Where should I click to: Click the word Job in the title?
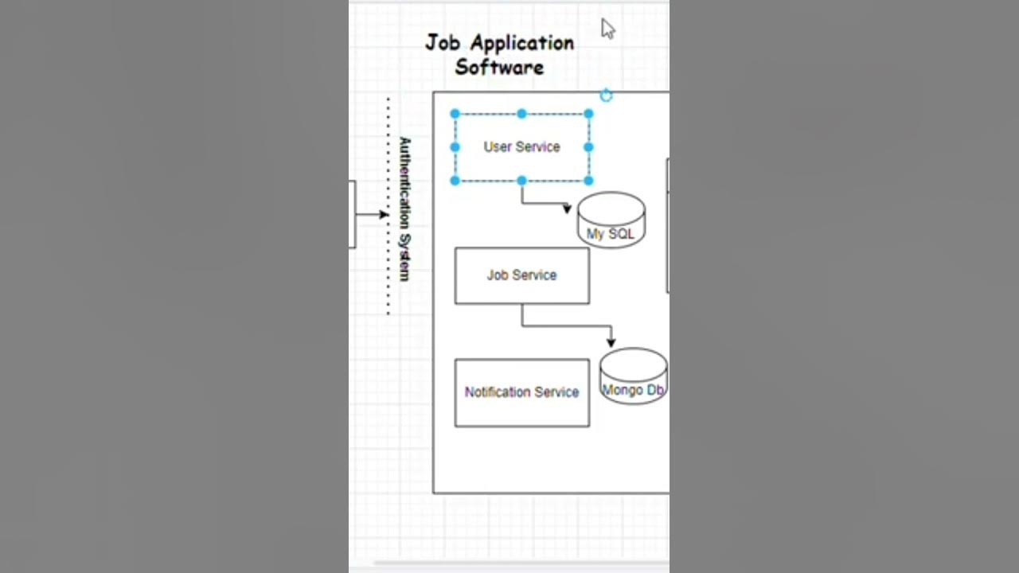(x=443, y=42)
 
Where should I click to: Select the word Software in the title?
(x=499, y=67)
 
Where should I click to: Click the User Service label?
(x=521, y=147)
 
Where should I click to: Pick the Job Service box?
(x=521, y=275)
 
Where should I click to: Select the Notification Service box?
(x=521, y=392)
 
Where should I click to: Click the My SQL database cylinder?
(x=611, y=220)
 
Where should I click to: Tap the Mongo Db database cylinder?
(x=633, y=376)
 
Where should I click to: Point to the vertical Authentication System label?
(x=404, y=209)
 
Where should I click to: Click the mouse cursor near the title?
(x=607, y=29)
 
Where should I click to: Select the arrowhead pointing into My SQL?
(x=567, y=209)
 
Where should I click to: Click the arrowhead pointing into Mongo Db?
(x=611, y=341)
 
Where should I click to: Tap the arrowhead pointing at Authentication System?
(x=384, y=214)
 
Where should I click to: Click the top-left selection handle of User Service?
(x=455, y=114)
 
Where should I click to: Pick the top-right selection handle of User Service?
(x=588, y=114)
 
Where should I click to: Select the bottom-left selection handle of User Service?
(x=455, y=181)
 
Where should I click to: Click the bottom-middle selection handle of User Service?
(x=521, y=181)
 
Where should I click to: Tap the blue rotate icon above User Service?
(x=606, y=96)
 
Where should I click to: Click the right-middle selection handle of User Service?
(x=588, y=147)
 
